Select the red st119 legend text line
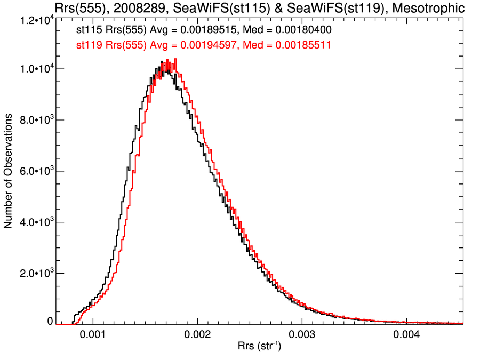[203, 45]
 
